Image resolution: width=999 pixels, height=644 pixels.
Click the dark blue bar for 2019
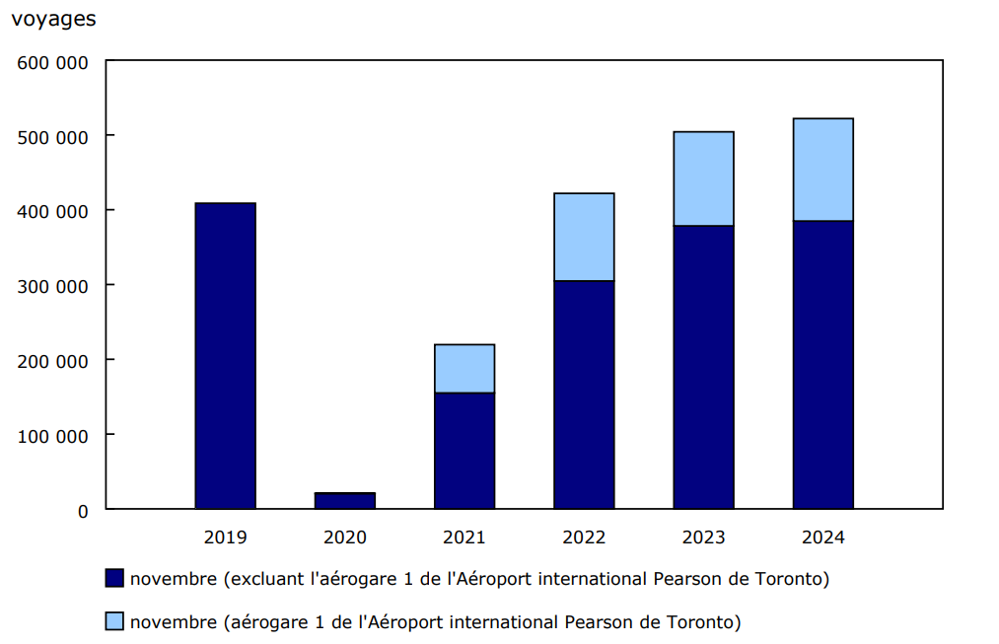pos(225,356)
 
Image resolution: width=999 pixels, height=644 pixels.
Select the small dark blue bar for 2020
pos(344,501)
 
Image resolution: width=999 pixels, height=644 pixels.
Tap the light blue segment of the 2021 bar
pos(464,369)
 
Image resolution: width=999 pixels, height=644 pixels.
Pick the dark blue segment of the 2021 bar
pos(464,451)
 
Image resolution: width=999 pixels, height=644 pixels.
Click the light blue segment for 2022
pos(584,237)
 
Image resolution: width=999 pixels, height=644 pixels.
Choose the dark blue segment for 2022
pos(584,394)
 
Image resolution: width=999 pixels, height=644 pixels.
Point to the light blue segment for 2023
pos(703,179)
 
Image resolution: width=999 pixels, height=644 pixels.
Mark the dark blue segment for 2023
pos(703,367)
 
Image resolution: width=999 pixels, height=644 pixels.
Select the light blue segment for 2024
pos(823,170)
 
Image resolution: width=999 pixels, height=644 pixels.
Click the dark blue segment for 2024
pos(823,365)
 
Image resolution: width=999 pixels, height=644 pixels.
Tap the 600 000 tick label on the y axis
pos(53,62)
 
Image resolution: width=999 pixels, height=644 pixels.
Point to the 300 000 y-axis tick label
pos(53,286)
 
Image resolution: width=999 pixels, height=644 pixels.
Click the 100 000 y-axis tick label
pos(53,436)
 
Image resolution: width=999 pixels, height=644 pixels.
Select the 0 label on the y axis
pos(83,511)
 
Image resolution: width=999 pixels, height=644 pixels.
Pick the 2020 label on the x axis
pos(344,537)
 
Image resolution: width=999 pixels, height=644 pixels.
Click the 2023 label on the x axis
pos(703,537)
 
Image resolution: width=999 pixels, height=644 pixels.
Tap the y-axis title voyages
pos(54,19)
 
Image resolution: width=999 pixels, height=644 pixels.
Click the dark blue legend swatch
pos(114,578)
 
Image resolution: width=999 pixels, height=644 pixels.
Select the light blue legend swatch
pos(114,621)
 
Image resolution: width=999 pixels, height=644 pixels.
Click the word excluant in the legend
pos(268,579)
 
